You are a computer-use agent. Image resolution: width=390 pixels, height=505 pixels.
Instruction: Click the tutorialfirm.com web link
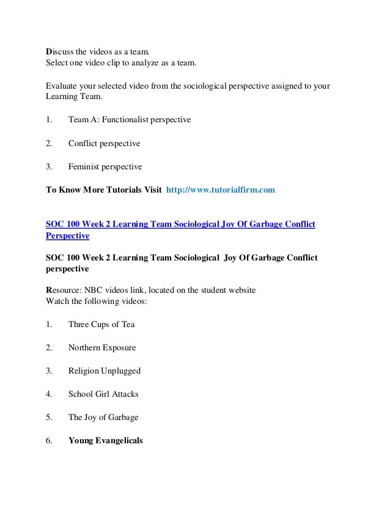point(221,190)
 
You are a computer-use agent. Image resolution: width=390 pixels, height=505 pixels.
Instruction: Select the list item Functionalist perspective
point(130,120)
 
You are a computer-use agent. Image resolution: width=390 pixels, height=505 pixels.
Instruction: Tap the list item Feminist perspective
point(105,166)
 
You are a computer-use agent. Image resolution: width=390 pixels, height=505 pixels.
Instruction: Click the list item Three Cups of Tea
point(101,324)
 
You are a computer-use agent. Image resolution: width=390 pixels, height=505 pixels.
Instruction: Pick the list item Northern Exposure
point(102,347)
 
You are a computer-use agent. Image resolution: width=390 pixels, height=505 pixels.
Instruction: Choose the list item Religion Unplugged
point(105,370)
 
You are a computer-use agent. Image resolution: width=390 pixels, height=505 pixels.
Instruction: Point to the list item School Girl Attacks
point(103,394)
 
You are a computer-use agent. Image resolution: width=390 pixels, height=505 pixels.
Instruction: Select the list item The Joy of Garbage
point(103,417)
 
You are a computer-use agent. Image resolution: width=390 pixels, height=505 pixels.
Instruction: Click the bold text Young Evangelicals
point(105,440)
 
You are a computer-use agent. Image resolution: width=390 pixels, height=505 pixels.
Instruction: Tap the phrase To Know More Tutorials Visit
point(104,190)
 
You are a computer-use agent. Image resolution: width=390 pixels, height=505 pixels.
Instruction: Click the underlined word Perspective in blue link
point(68,235)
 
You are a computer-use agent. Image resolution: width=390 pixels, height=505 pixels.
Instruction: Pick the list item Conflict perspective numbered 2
point(104,143)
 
